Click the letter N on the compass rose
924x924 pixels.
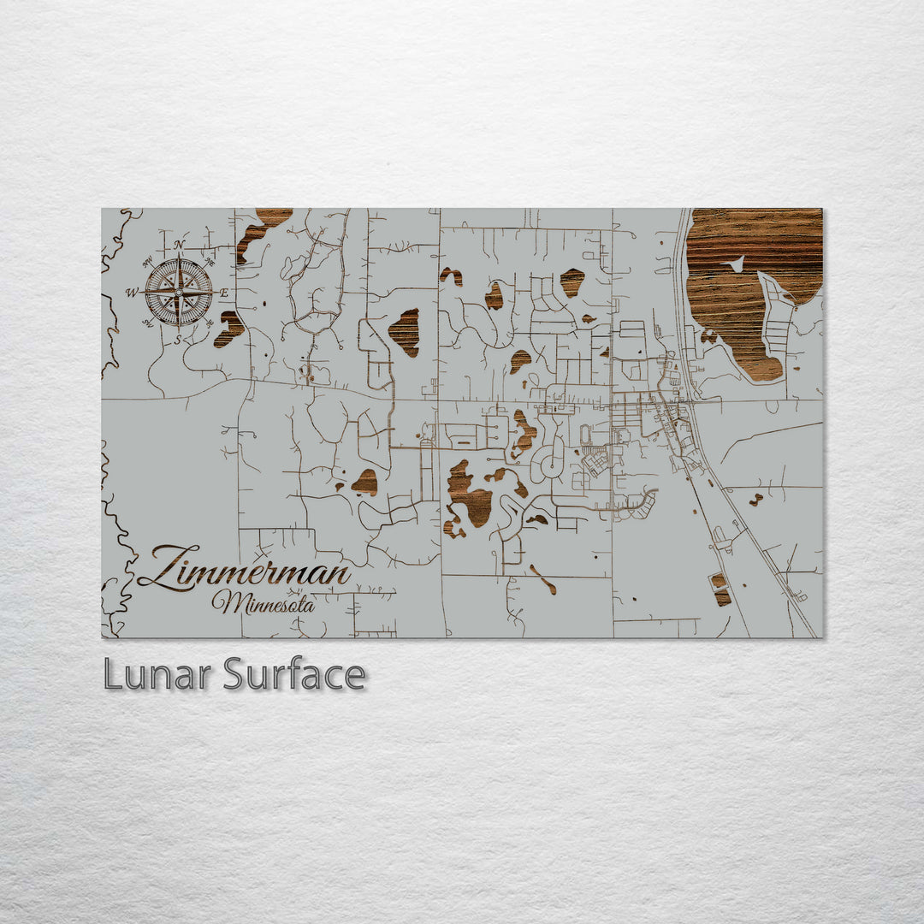click(x=179, y=245)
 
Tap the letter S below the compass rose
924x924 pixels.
click(x=178, y=339)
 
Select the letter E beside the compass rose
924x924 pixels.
click(x=224, y=293)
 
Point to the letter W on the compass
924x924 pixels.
click(x=132, y=293)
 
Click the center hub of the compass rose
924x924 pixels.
click(x=178, y=292)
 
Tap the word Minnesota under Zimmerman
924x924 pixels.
click(x=264, y=603)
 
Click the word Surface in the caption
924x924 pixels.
click(x=294, y=675)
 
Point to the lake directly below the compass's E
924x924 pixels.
click(x=229, y=328)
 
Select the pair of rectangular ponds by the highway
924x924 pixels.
click(x=720, y=589)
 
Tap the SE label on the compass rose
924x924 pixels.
click(x=210, y=323)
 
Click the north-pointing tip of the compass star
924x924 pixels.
click(x=178, y=256)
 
